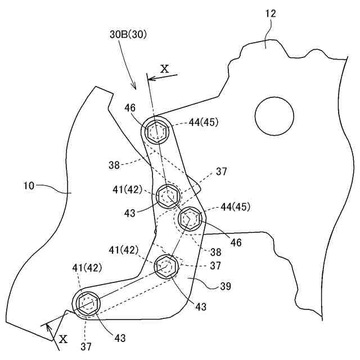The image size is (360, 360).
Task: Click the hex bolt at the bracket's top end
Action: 156,133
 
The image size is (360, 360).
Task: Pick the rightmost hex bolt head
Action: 190,218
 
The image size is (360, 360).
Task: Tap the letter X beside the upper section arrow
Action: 165,69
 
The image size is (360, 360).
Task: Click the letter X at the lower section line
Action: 63,339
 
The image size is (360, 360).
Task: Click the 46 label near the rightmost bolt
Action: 236,243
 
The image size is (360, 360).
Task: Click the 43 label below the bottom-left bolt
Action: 119,338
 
